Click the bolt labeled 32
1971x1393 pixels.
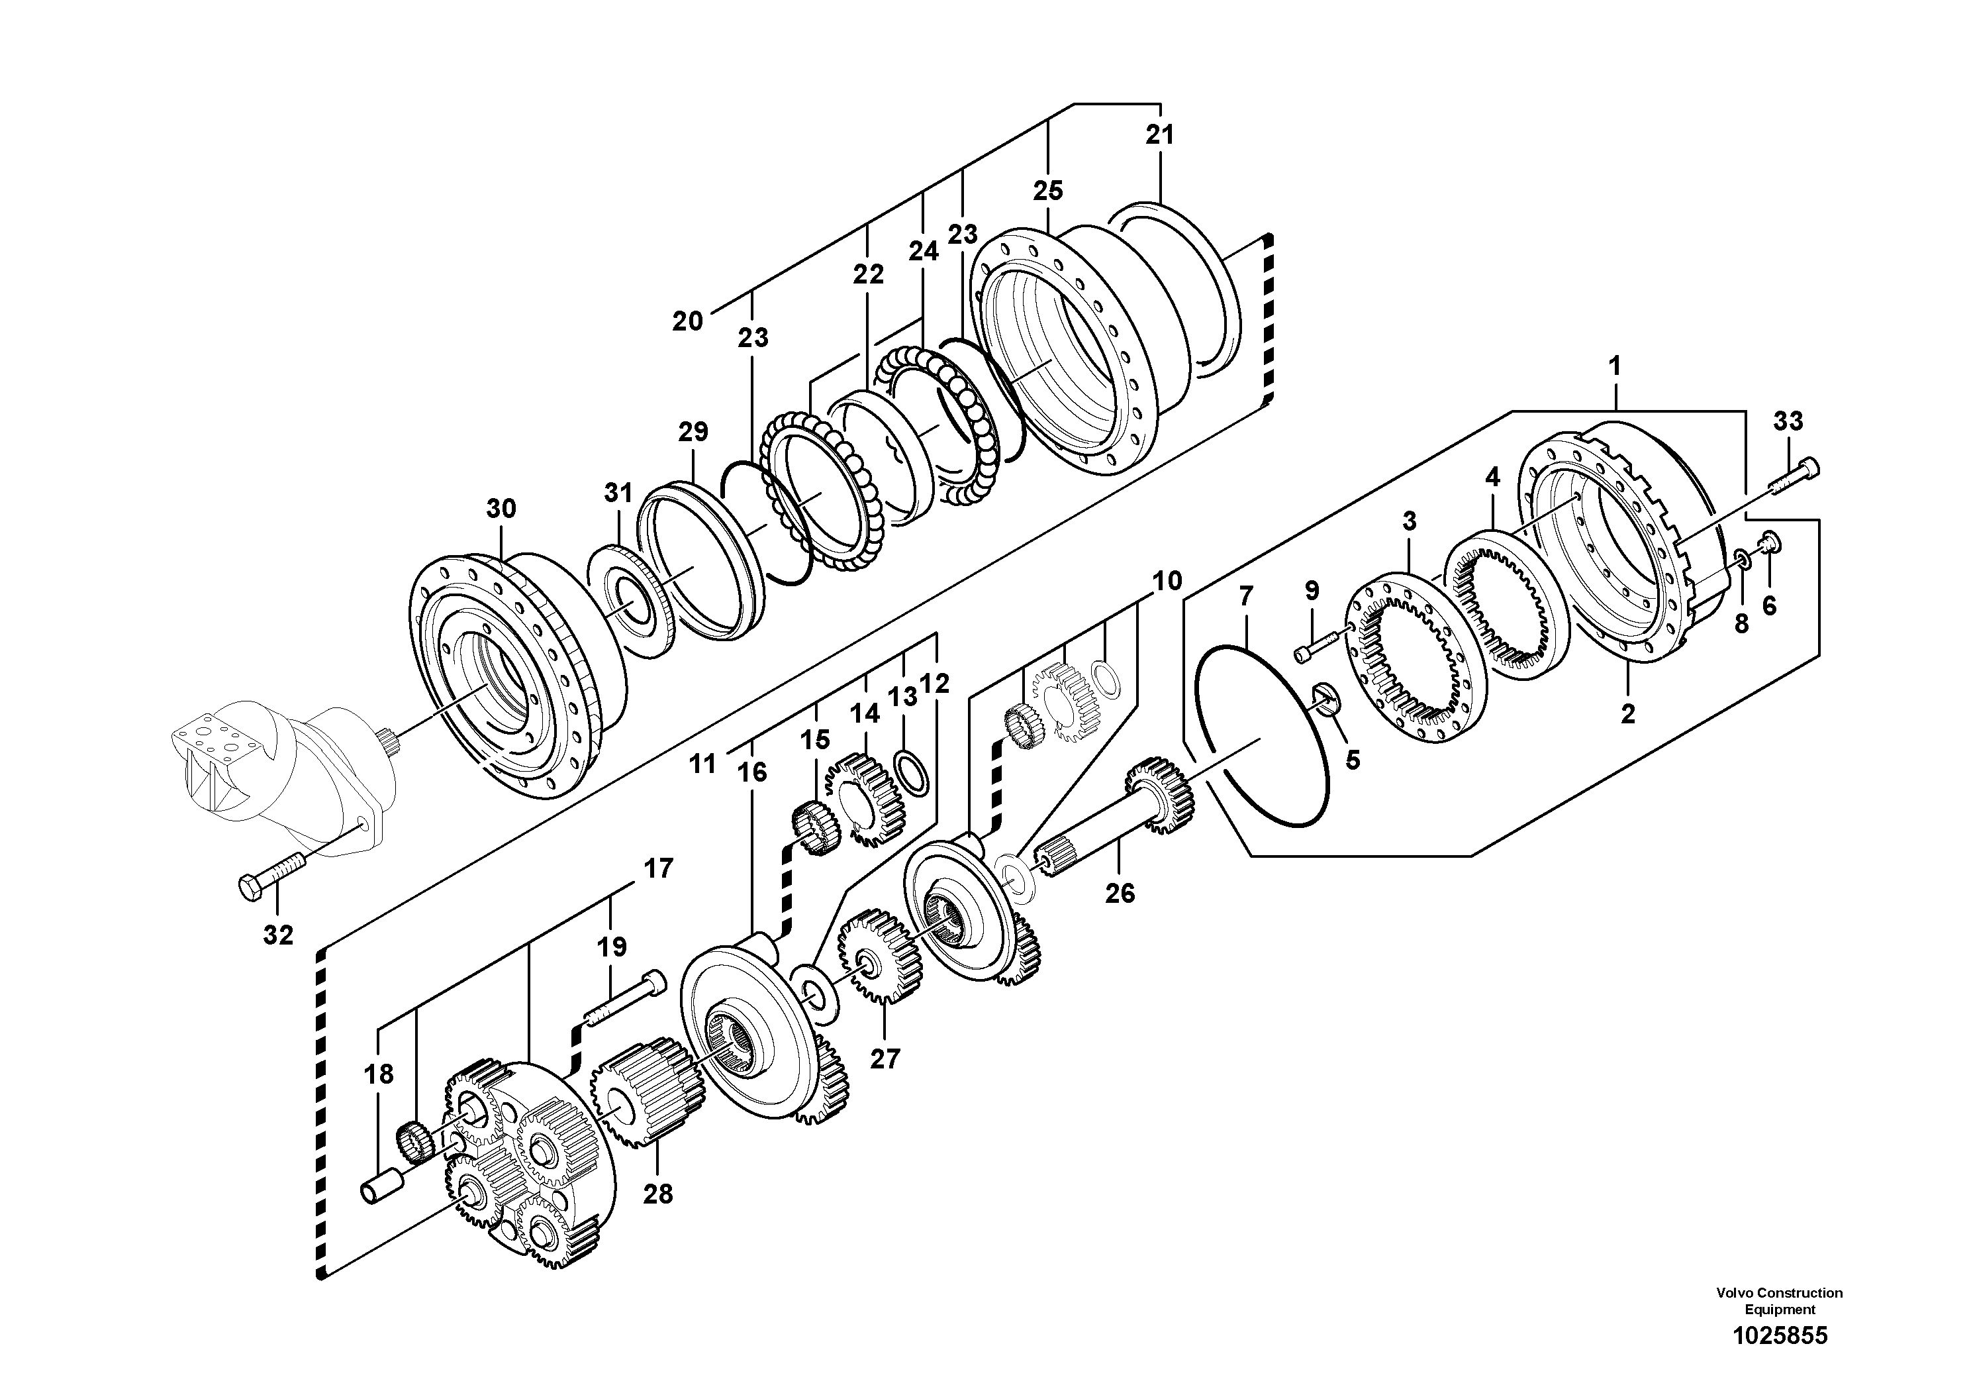(269, 874)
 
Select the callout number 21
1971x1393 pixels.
(1159, 136)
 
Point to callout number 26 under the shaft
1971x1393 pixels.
(1120, 894)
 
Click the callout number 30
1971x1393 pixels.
(501, 509)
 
